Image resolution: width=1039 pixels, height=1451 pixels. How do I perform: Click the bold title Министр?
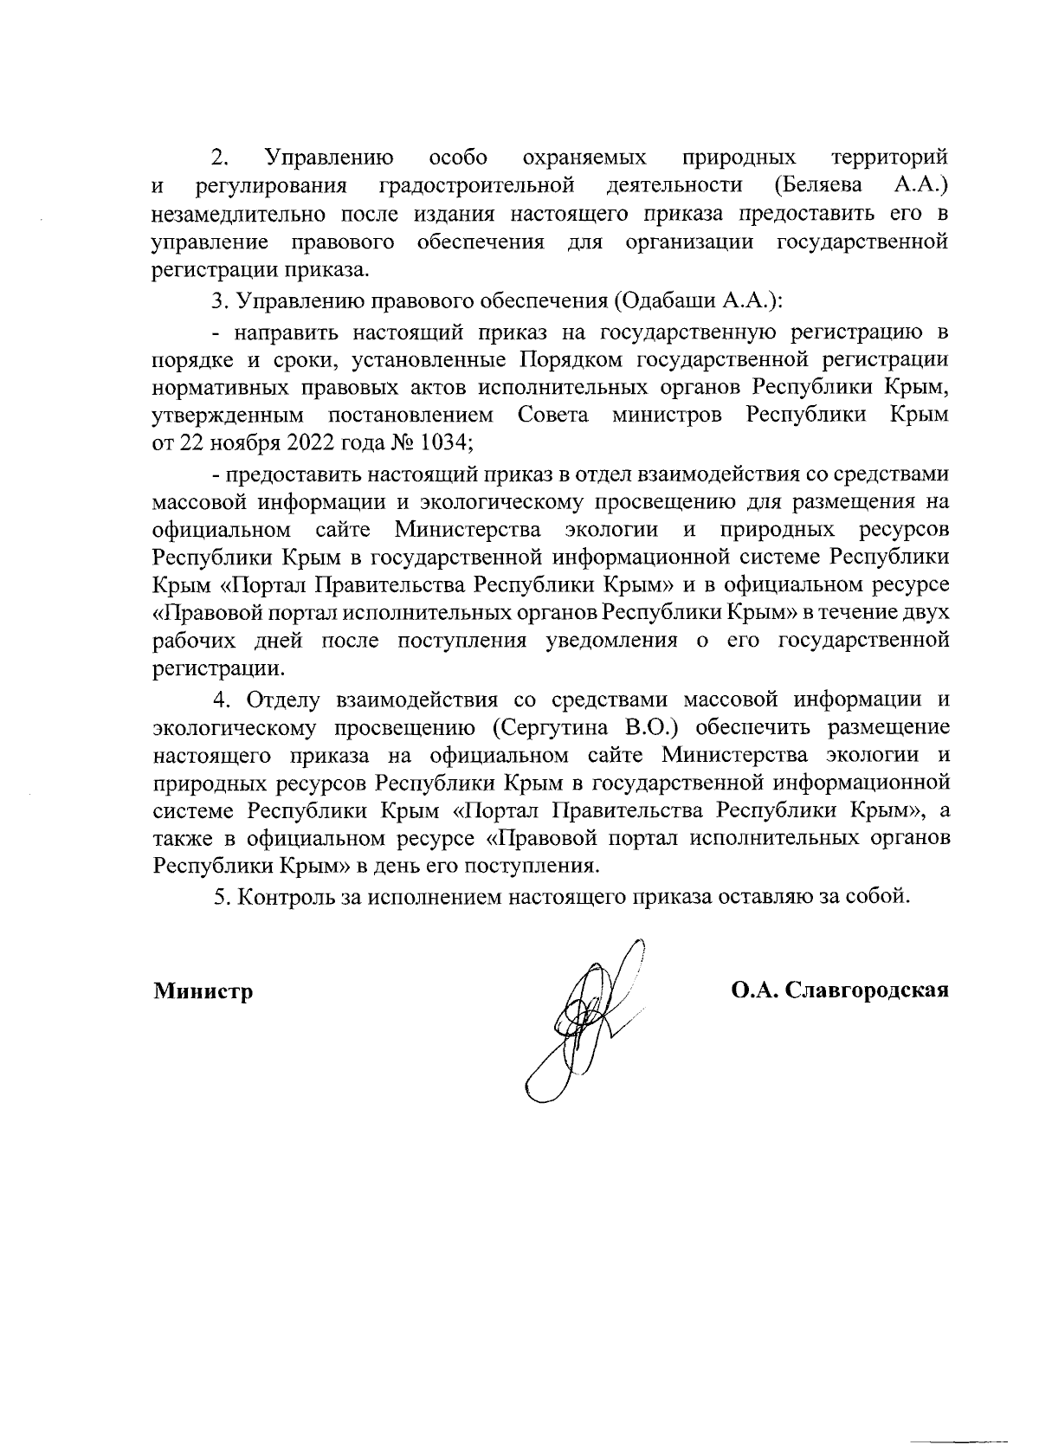pos(203,990)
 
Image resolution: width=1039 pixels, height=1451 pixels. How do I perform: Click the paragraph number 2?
pos(220,158)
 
